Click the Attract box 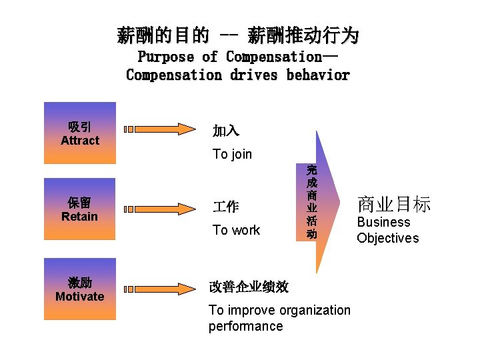(x=79, y=133)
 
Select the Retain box (x=79, y=209)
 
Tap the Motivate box (x=79, y=289)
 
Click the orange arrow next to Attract (x=160, y=129)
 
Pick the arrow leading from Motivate (x=160, y=289)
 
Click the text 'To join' (x=232, y=155)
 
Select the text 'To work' (x=236, y=231)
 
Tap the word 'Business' (x=383, y=223)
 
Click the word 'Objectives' (x=387, y=239)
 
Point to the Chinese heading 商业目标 (x=394, y=203)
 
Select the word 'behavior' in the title (x=318, y=75)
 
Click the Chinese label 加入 (x=225, y=131)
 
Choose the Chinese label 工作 (x=225, y=207)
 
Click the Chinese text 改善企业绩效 (x=249, y=287)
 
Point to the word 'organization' (x=314, y=310)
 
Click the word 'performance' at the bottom (x=245, y=327)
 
